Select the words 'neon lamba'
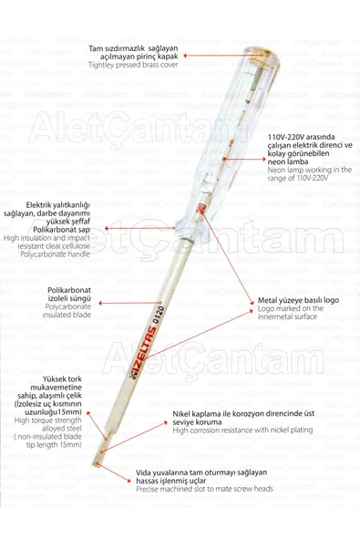point(288,160)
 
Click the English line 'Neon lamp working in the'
point(308,170)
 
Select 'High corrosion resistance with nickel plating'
point(249,431)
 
